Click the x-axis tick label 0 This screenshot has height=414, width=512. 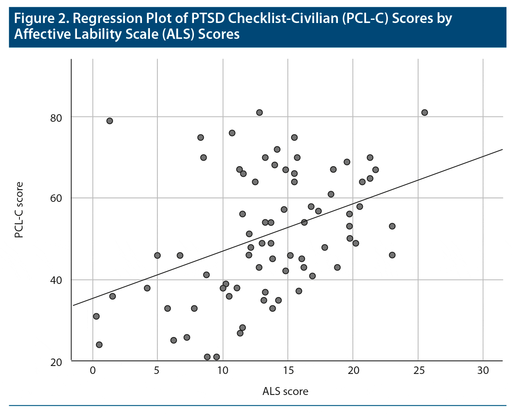92,370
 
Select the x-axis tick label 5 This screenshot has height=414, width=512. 157,370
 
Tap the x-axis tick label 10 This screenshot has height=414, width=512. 222,370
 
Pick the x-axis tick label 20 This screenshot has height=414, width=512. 353,370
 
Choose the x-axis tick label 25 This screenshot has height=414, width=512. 418,370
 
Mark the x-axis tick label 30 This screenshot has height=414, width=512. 483,370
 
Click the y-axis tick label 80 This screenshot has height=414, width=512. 57,118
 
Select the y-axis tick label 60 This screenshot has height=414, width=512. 57,199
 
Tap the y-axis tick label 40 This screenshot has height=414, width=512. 57,280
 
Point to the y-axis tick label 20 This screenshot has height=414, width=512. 57,362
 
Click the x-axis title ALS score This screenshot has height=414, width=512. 285,392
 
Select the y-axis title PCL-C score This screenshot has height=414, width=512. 18,210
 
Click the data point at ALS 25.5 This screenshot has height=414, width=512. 424,113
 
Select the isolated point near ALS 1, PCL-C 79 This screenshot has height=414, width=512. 110,121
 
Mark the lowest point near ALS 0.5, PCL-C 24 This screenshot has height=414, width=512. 99,345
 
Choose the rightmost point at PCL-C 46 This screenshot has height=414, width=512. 392,255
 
